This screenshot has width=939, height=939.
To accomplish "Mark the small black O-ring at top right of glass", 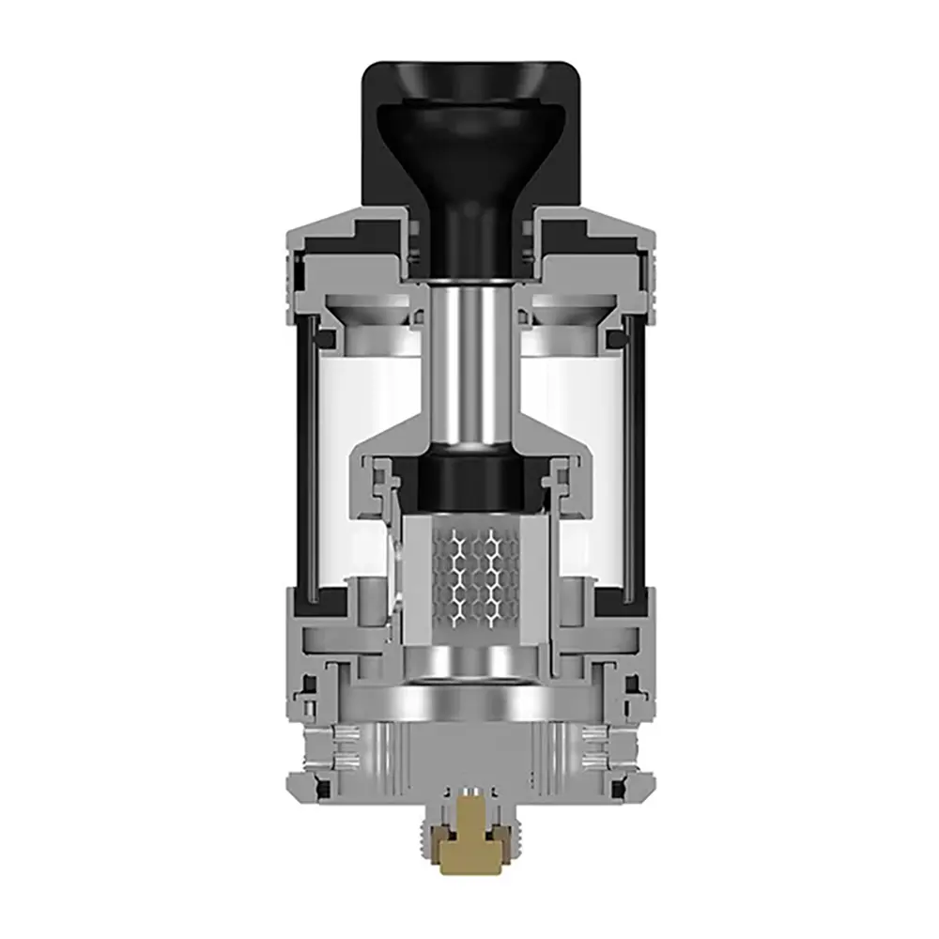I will [x=612, y=333].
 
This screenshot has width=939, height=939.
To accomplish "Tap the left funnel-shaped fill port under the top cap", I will [x=371, y=315].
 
